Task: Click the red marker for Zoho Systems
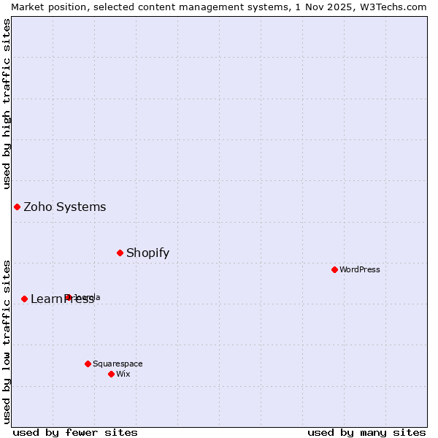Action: click(17, 207)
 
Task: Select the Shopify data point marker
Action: click(120, 253)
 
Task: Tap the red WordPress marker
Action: click(334, 269)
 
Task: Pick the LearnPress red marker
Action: click(24, 299)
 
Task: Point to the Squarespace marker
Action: click(88, 364)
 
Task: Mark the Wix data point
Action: click(111, 374)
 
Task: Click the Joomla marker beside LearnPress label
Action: click(68, 297)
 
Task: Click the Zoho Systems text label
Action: click(65, 207)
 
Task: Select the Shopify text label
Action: click(147, 253)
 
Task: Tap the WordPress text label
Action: click(360, 269)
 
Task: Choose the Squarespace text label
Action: click(118, 364)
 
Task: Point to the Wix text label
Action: click(123, 374)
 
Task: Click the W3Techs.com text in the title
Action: click(393, 7)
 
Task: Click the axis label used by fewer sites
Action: click(75, 432)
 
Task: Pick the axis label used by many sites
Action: click(366, 432)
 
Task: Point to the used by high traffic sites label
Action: click(7, 104)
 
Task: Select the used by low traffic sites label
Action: click(7, 341)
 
